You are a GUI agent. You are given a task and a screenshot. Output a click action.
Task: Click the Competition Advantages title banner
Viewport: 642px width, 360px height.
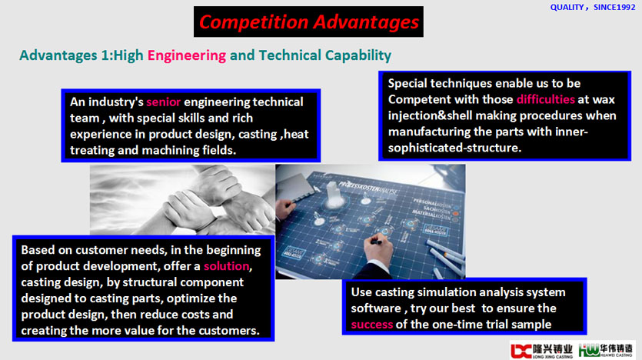309,22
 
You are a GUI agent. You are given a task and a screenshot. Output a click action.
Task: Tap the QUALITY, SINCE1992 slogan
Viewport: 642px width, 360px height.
593,8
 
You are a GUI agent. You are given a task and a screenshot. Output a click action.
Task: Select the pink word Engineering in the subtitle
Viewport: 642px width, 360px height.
187,55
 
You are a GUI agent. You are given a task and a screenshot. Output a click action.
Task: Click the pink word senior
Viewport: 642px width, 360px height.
163,102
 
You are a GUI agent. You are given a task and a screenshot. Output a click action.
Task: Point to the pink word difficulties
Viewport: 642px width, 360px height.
546,99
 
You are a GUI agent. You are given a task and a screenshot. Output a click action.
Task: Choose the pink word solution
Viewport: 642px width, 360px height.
226,266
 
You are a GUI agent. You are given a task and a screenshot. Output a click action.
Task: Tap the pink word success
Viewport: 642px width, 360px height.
372,325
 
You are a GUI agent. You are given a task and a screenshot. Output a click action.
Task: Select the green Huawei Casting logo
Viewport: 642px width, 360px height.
606,351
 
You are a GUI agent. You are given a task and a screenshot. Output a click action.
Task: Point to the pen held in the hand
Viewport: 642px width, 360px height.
376,242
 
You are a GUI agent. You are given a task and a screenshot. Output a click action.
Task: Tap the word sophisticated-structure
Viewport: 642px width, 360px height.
454,148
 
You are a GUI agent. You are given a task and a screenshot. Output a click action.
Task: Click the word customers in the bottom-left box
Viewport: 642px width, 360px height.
230,331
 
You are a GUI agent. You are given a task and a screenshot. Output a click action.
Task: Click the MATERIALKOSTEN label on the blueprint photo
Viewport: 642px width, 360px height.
431,214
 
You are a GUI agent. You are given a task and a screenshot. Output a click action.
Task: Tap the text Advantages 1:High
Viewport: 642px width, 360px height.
81,55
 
